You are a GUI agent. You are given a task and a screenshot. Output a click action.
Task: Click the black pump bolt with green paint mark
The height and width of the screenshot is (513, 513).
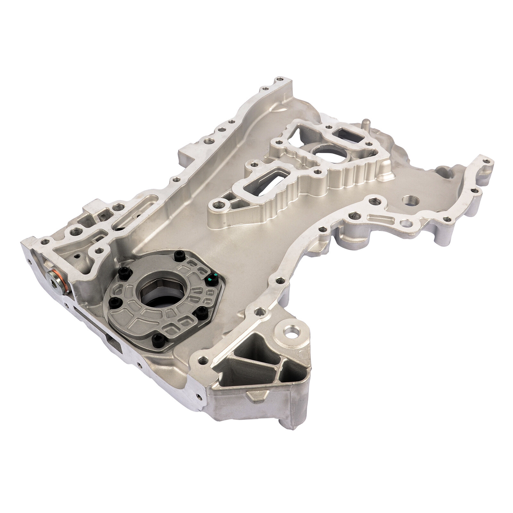point(211,280)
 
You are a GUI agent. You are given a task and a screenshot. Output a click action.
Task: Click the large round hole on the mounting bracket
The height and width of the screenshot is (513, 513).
point(292,331)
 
